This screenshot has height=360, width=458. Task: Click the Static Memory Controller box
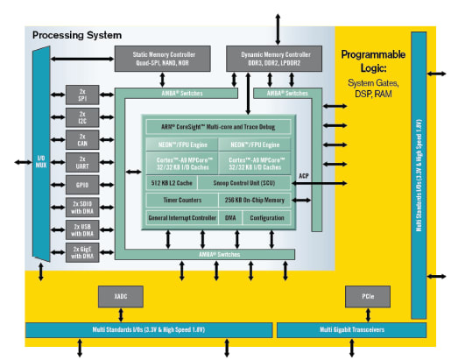[164, 59]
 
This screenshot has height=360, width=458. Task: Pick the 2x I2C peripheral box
[82, 116]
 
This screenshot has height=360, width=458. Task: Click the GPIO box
[82, 185]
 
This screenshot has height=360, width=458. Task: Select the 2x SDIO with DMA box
[82, 208]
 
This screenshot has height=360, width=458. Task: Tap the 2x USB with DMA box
[82, 229]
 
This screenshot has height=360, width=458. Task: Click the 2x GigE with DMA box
[82, 252]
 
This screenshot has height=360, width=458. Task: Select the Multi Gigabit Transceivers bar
[352, 329]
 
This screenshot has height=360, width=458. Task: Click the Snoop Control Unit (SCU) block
[253, 182]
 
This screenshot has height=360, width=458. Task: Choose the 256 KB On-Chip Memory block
[253, 201]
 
